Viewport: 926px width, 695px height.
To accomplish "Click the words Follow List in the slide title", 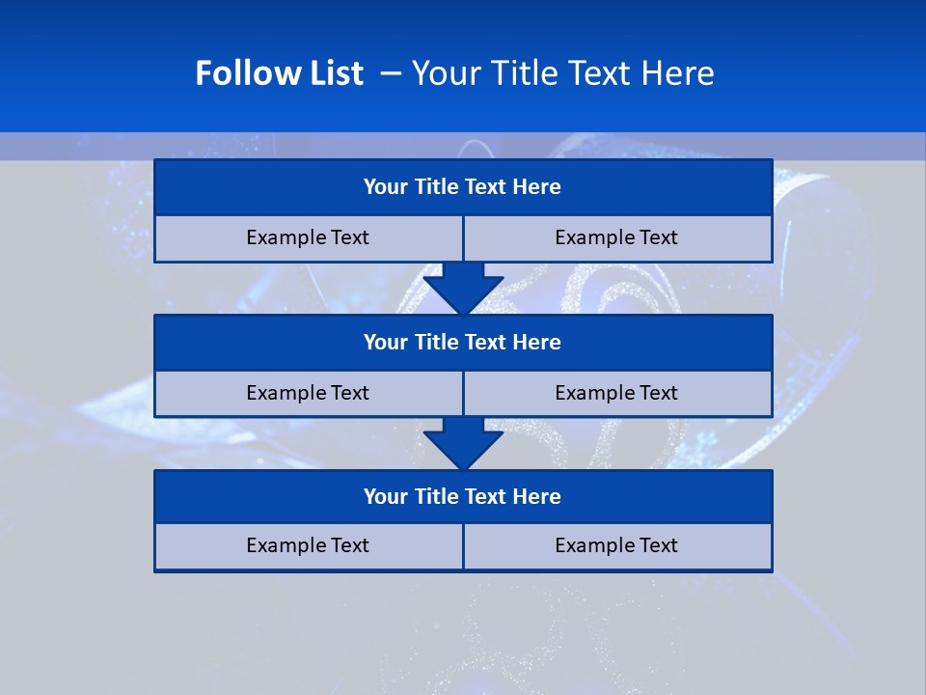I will [279, 73].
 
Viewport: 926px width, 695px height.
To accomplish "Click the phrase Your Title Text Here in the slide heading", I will [562, 73].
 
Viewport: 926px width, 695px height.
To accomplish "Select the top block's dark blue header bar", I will [463, 187].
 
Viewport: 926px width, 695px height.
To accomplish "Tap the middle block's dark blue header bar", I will [463, 343].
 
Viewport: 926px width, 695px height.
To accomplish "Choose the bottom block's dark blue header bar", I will [463, 497].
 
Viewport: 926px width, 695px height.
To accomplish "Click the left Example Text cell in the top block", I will [308, 237].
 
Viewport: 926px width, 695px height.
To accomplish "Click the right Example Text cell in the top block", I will [617, 237].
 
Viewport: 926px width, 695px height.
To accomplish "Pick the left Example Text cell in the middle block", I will [308, 393].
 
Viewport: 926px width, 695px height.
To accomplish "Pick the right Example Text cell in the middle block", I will [617, 393].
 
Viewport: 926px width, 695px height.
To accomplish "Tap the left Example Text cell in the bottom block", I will [308, 545].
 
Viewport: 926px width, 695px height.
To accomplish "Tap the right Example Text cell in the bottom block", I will [617, 545].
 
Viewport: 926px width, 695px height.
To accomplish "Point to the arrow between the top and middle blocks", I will [463, 288].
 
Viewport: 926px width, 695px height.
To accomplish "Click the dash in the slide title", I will [392, 73].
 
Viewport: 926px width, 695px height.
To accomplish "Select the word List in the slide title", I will [334, 73].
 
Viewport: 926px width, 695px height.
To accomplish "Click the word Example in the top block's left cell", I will [287, 237].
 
